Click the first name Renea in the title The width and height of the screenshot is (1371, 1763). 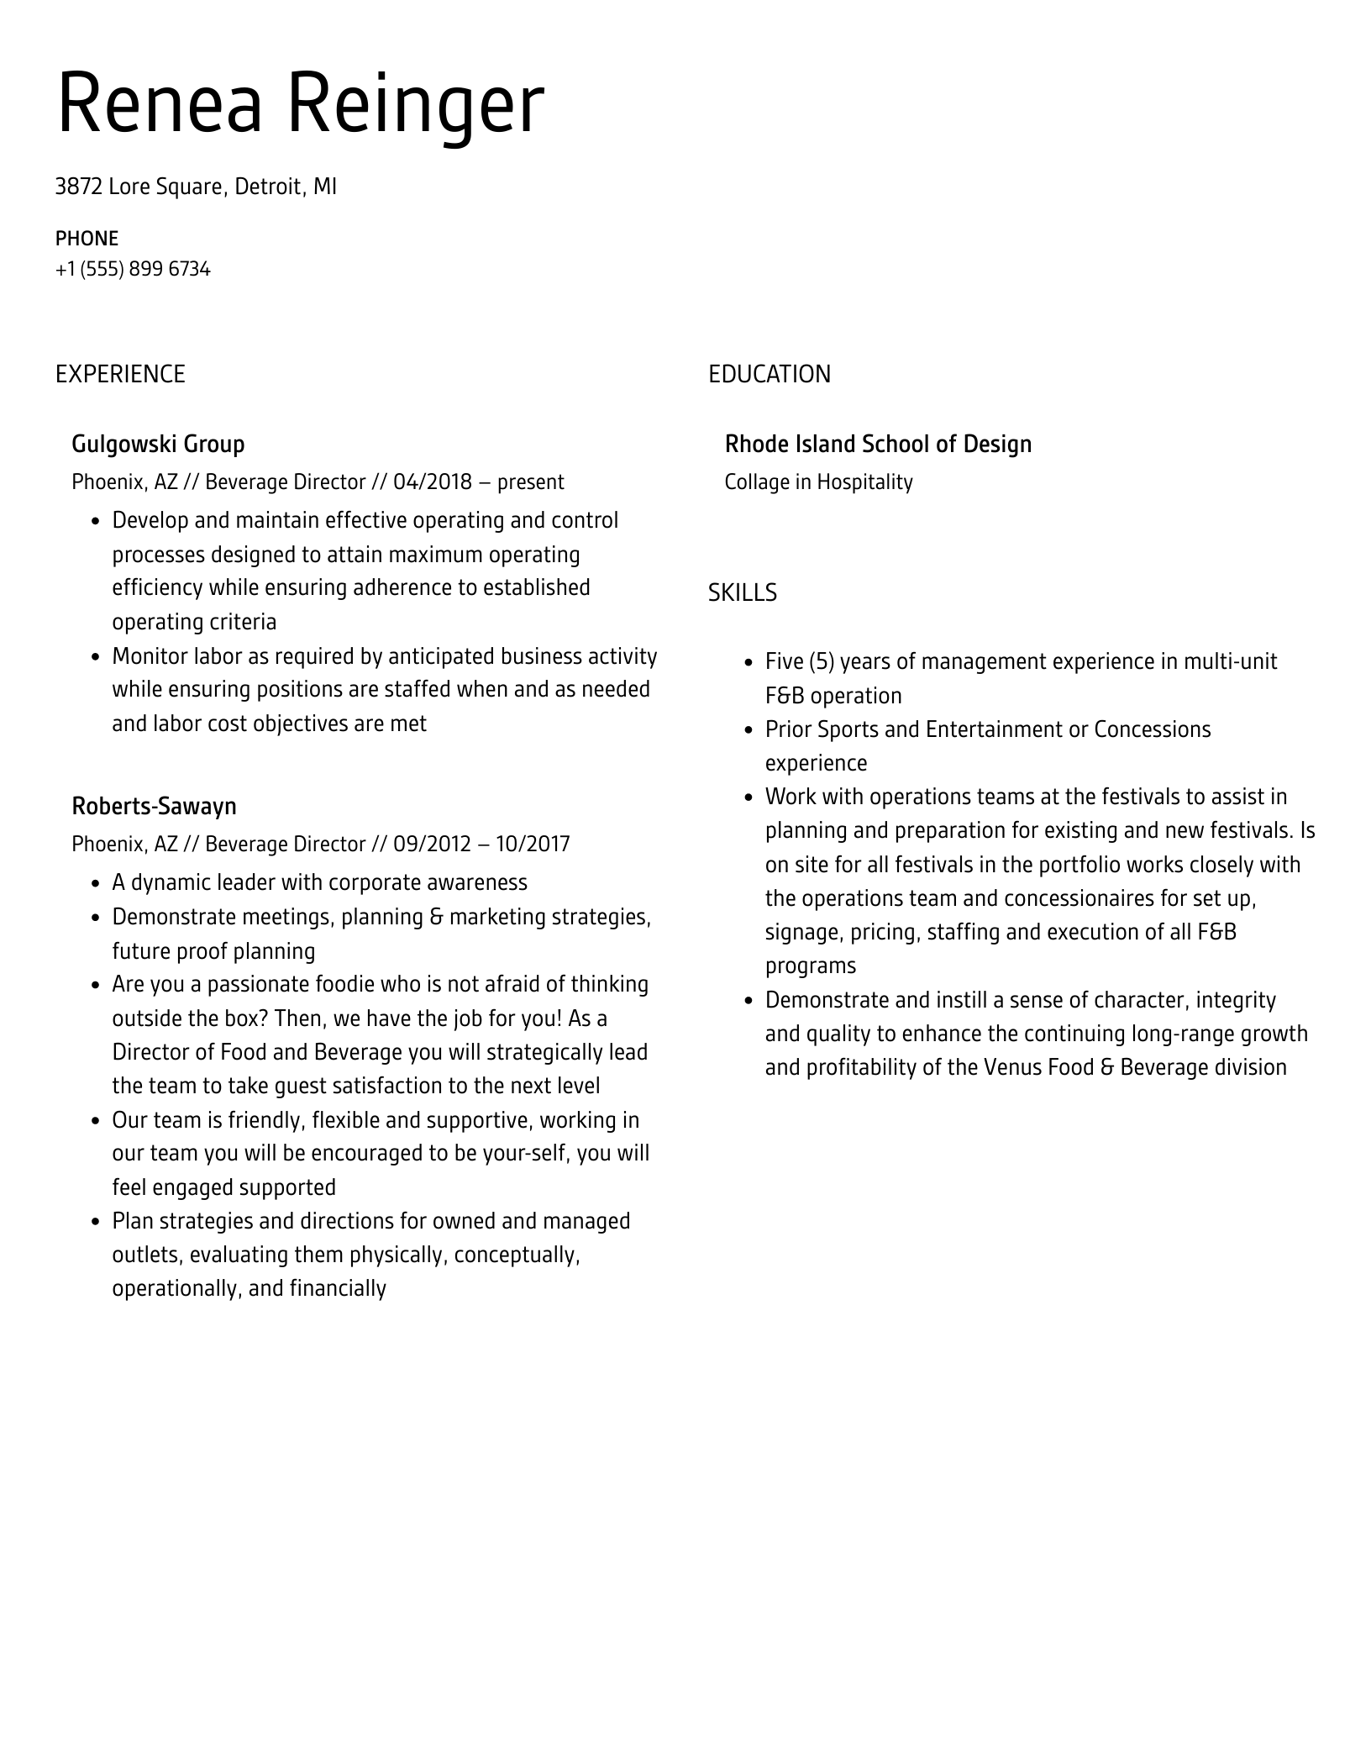pos(160,104)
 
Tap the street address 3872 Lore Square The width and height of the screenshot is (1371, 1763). pos(139,187)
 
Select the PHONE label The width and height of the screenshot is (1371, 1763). pos(87,239)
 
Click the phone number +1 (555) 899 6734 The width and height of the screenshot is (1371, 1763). pos(133,270)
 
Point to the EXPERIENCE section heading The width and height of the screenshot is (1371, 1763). pos(120,374)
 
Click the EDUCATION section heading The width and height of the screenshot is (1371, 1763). pos(769,374)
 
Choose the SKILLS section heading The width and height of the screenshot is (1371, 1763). pos(742,593)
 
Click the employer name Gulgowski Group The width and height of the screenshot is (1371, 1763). pos(158,444)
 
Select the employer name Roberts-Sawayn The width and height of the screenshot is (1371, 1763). pos(154,806)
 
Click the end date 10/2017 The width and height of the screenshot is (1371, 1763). pos(532,844)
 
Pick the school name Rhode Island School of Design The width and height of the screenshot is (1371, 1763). pos(878,444)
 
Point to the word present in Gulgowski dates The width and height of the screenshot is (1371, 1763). pos(531,482)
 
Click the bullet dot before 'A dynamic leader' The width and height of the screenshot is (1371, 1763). pos(95,884)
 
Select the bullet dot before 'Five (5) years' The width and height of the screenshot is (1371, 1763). pos(749,663)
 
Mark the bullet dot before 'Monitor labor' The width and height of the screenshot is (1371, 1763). pos(95,657)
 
